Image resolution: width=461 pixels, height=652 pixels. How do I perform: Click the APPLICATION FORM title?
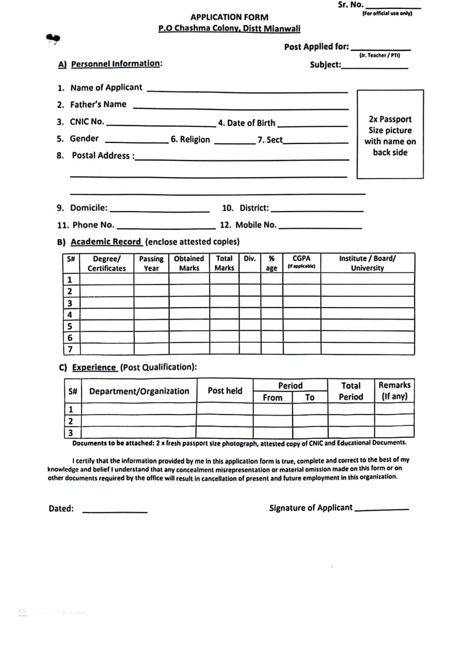click(229, 18)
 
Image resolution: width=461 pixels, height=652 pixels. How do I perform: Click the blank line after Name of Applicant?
click(248, 90)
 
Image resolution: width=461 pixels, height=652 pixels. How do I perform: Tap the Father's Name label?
click(98, 104)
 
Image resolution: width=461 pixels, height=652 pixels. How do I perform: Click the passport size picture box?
click(390, 135)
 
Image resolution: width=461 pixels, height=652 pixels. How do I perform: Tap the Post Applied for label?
click(316, 47)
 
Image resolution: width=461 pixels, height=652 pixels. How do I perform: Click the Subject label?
click(325, 65)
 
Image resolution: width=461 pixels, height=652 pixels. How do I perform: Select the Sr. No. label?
click(351, 5)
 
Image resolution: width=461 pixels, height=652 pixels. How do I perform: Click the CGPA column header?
click(301, 262)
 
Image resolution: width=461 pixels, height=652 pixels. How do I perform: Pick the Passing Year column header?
click(151, 263)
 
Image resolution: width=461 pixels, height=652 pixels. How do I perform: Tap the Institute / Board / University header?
click(368, 263)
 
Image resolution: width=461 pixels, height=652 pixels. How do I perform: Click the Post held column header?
click(225, 391)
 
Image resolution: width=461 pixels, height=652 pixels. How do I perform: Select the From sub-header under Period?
click(273, 397)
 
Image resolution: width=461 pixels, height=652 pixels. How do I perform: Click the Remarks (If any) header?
click(394, 391)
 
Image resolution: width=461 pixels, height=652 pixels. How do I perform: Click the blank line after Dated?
click(115, 511)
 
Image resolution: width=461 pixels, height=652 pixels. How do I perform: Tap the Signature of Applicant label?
click(311, 508)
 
